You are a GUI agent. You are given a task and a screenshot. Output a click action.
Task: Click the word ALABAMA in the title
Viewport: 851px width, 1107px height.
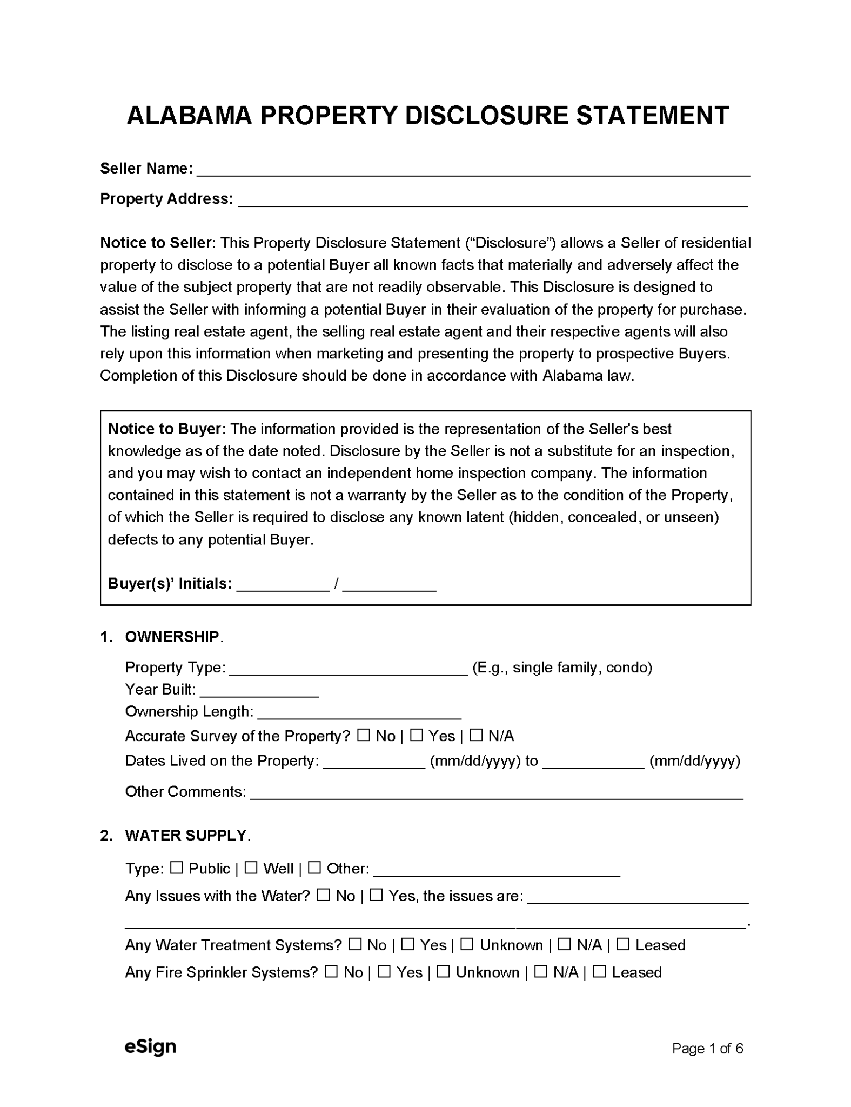coord(189,116)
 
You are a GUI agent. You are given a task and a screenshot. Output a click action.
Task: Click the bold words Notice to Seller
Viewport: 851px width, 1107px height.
coord(155,243)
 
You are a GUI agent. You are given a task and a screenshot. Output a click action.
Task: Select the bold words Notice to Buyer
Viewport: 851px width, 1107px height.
coord(164,429)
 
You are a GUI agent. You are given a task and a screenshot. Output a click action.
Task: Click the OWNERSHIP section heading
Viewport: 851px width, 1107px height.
coord(172,637)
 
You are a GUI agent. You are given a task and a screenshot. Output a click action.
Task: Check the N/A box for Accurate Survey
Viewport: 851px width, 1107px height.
coord(475,735)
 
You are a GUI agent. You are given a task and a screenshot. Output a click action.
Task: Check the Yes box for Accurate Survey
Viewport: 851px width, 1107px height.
coord(416,735)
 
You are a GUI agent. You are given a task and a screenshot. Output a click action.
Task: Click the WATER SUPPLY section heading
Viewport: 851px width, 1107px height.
coord(186,835)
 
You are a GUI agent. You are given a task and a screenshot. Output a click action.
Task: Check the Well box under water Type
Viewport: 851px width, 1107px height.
coord(251,868)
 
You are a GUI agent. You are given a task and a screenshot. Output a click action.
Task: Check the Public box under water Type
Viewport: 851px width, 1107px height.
coord(176,868)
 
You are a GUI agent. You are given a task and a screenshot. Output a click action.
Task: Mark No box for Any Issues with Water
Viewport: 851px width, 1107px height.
coord(323,895)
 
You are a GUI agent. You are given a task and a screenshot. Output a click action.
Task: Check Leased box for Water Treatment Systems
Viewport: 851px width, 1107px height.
coord(622,944)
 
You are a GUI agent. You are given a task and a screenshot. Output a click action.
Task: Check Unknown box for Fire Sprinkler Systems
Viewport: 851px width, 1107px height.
coord(443,971)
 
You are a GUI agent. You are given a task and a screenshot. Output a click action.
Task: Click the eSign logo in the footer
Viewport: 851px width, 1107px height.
coord(150,1046)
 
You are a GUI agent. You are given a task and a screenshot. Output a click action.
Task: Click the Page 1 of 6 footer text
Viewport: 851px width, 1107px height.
coord(707,1049)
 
